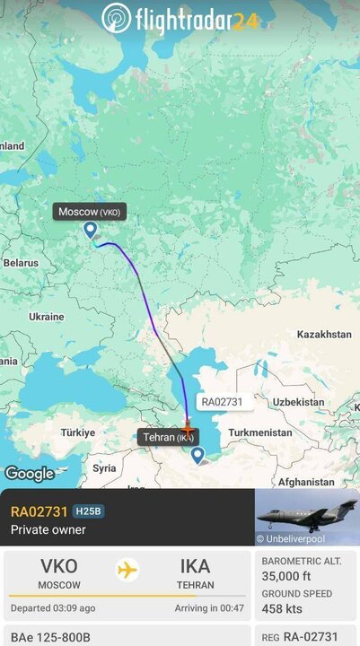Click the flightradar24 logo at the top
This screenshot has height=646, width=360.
pyautogui.click(x=180, y=17)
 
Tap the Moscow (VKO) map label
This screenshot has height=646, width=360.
pyautogui.click(x=89, y=212)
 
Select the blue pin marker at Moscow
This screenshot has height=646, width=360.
pyautogui.click(x=91, y=231)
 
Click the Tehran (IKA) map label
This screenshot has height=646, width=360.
pyautogui.click(x=168, y=437)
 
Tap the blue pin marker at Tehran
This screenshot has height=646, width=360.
pyautogui.click(x=198, y=456)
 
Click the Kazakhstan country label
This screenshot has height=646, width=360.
pyautogui.click(x=323, y=334)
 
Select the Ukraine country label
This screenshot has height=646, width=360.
pyautogui.click(x=46, y=317)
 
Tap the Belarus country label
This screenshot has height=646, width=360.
pyautogui.click(x=21, y=263)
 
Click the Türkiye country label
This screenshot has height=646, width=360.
pyautogui.click(x=77, y=432)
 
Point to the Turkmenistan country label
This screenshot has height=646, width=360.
pyautogui.click(x=260, y=432)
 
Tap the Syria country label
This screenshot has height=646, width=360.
pyautogui.click(x=104, y=467)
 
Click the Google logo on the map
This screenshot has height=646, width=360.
pyautogui.click(x=30, y=474)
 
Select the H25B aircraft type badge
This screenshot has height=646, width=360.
pyautogui.click(x=89, y=511)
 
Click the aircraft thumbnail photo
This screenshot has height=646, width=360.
pyautogui.click(x=307, y=517)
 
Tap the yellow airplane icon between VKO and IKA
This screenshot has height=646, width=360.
pyautogui.click(x=127, y=570)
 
